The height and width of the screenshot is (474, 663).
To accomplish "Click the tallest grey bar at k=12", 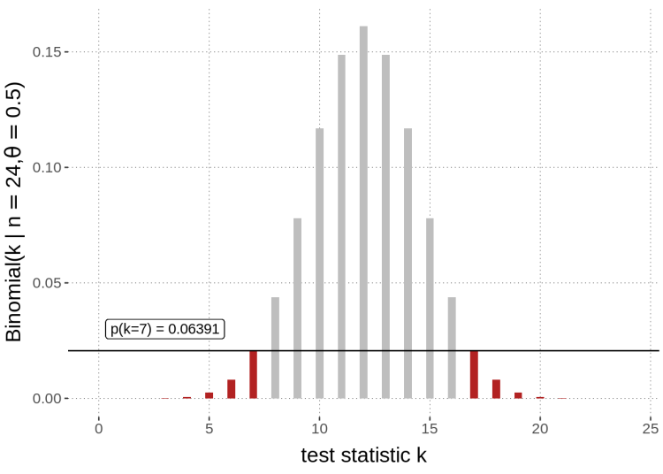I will pyautogui.click(x=363, y=212).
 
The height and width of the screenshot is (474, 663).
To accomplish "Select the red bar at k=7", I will pyautogui.click(x=253, y=374).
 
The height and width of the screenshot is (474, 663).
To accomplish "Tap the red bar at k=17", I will pyautogui.click(x=474, y=374).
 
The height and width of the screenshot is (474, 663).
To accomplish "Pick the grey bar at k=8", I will pyautogui.click(x=275, y=348).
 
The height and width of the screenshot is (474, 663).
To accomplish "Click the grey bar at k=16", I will pyautogui.click(x=452, y=348).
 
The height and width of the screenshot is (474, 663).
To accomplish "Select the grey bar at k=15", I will pyautogui.click(x=430, y=308).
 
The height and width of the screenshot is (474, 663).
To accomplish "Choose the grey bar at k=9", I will pyautogui.click(x=297, y=308).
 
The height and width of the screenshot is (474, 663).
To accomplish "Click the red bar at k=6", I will pyautogui.click(x=231, y=389).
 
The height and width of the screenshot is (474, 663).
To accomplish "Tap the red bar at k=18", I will pyautogui.click(x=496, y=389).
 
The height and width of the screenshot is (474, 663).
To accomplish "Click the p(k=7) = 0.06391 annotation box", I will pyautogui.click(x=165, y=329).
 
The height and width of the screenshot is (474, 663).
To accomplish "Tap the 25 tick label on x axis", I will pyautogui.click(x=650, y=428).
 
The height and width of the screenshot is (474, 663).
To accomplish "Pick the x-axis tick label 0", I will pyautogui.click(x=99, y=428).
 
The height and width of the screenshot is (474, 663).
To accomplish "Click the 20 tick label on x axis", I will pyautogui.click(x=540, y=428).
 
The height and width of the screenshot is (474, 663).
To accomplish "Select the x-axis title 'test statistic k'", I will pyautogui.click(x=364, y=455).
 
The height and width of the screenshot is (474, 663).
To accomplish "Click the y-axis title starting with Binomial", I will pyautogui.click(x=15, y=212).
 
